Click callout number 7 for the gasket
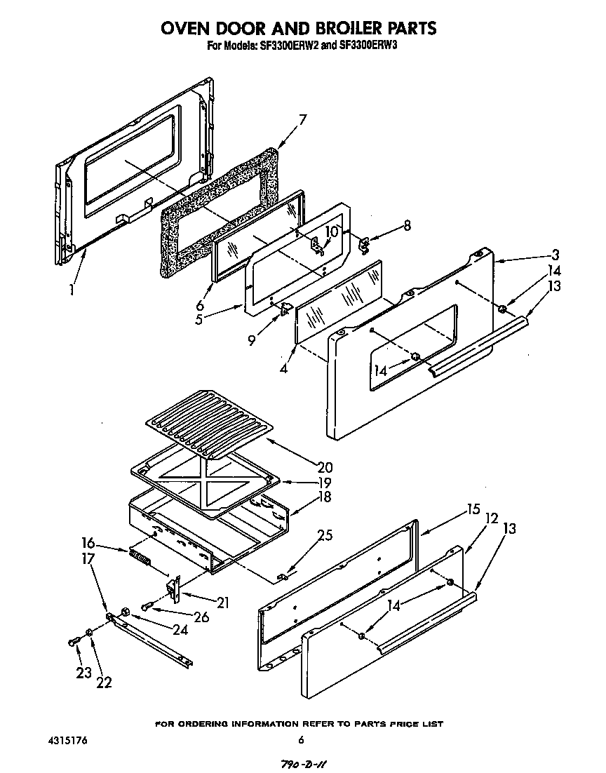point(302,119)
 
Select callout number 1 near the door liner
point(72,289)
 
